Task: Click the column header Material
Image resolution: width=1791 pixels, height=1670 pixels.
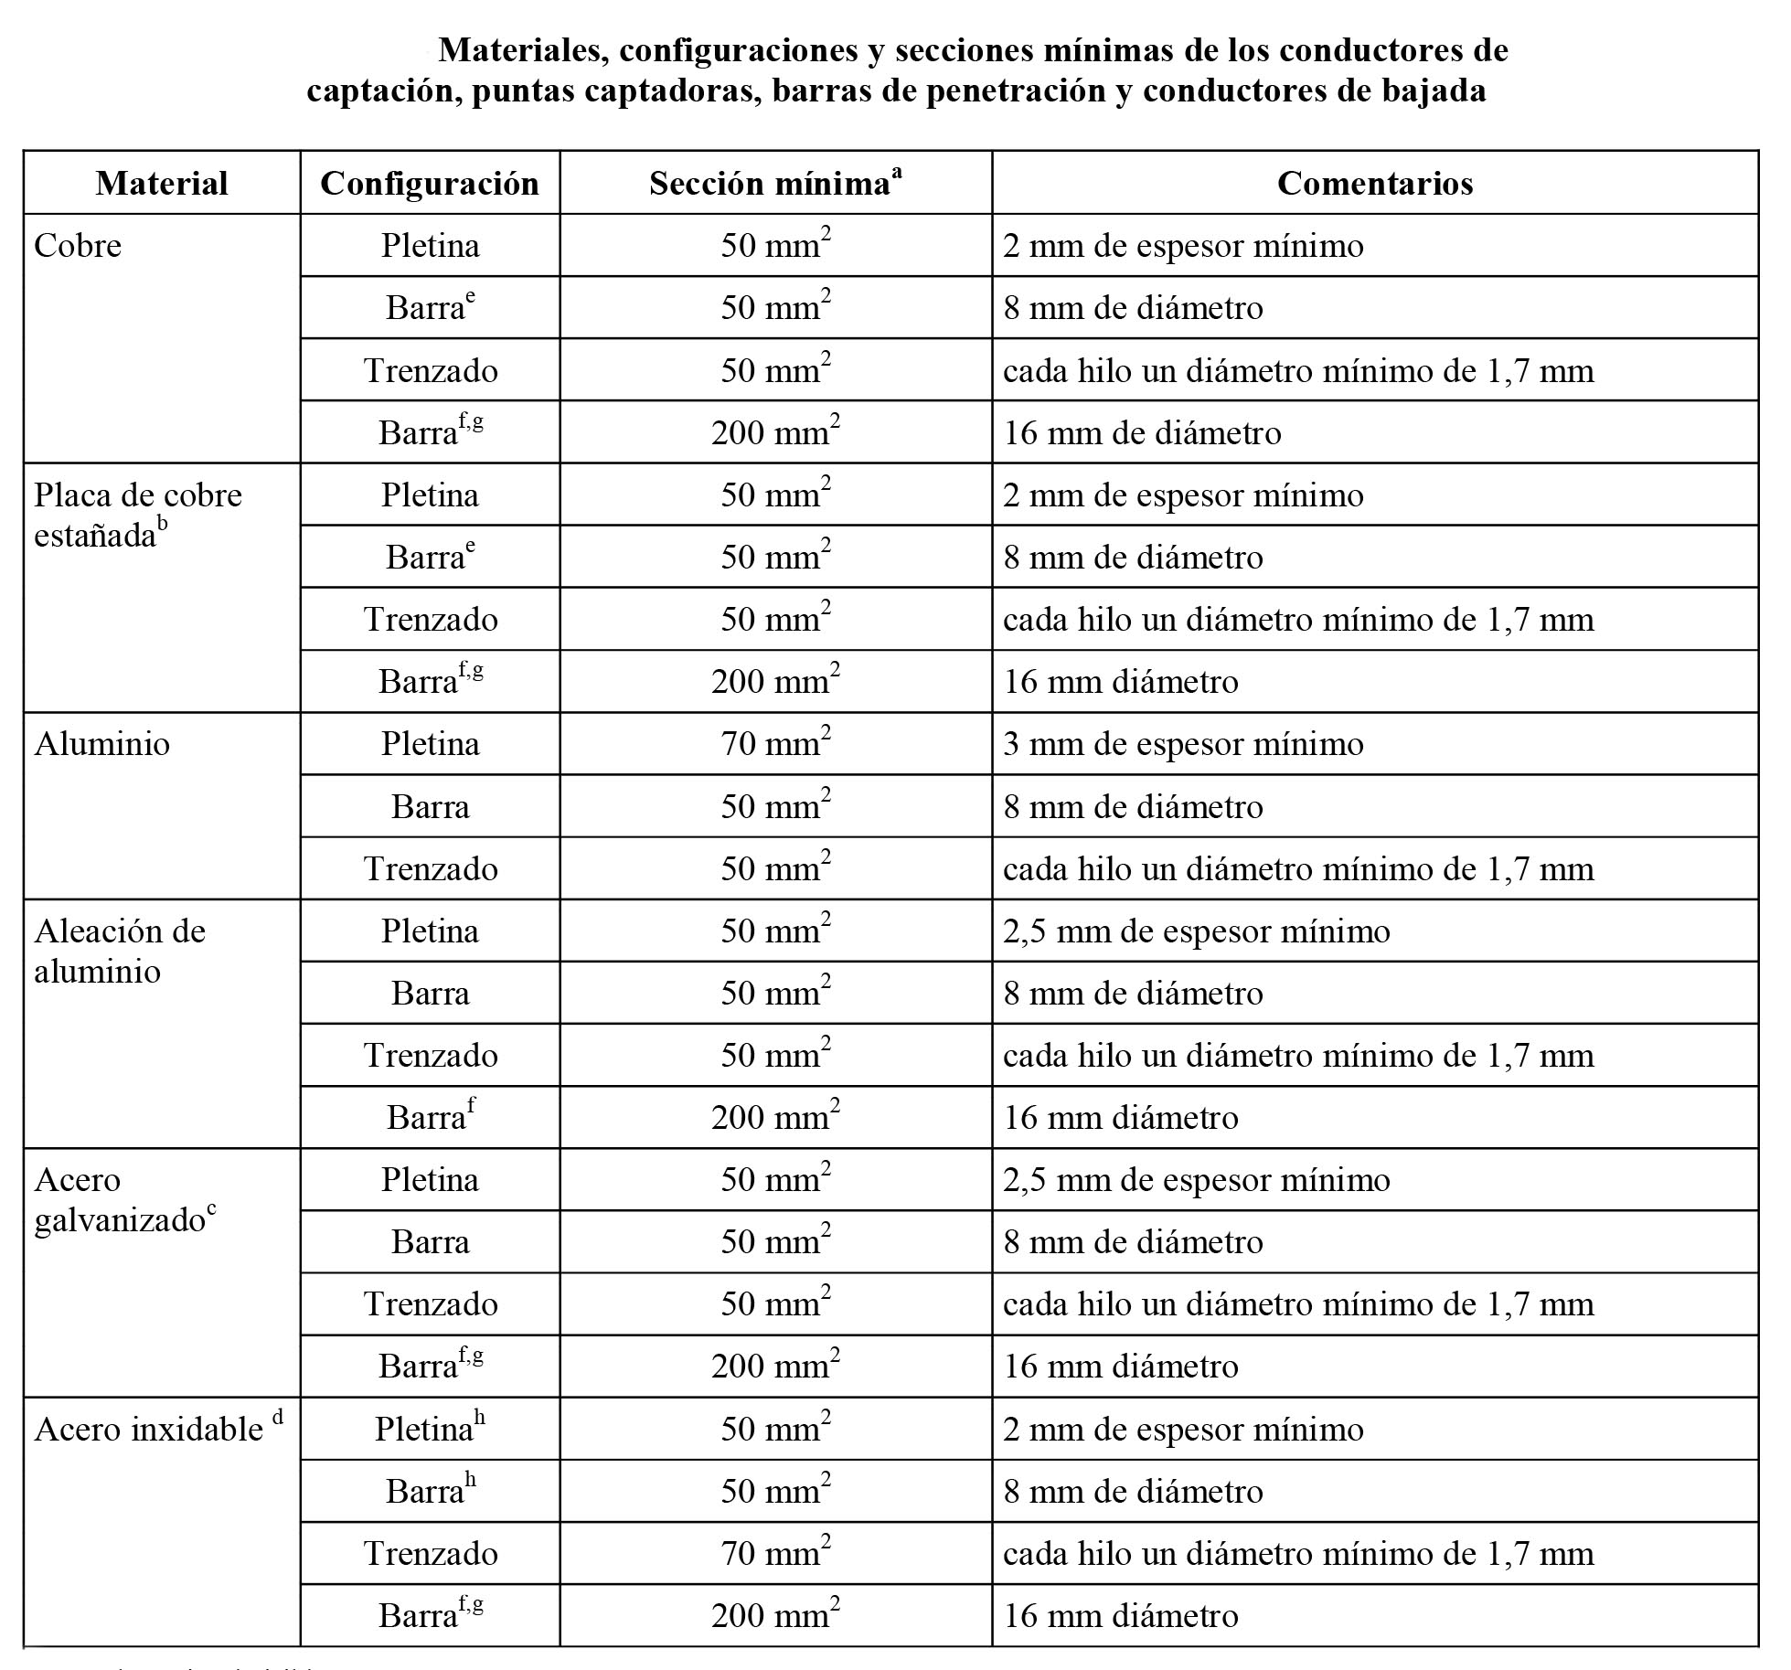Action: point(162,184)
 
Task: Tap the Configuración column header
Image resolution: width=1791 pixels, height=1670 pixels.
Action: point(430,184)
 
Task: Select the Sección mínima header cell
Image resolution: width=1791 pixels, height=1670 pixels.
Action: point(775,183)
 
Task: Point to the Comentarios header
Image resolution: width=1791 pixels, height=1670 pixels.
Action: point(1374,184)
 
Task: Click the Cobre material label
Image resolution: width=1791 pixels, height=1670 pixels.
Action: point(78,246)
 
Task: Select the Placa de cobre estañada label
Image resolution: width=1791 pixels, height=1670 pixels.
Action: point(137,515)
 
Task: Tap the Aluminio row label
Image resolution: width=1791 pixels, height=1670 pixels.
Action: point(101,744)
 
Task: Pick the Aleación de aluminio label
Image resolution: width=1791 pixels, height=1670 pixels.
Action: point(120,951)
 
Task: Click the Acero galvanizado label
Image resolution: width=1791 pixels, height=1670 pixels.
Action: point(124,1200)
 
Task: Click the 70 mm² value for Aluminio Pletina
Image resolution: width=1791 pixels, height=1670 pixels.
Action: point(775,743)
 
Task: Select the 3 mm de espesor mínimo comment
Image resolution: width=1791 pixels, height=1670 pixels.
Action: point(1183,744)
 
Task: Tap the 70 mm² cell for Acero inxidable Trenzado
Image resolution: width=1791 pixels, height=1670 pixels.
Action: point(775,1553)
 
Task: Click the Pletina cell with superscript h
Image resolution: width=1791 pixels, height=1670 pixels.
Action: point(430,1430)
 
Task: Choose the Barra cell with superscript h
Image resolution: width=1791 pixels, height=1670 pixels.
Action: point(430,1492)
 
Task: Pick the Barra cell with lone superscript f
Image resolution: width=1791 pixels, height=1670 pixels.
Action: point(430,1117)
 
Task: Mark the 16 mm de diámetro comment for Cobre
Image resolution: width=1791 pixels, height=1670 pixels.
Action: point(1142,432)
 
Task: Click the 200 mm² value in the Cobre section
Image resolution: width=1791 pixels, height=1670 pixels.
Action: point(775,431)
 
